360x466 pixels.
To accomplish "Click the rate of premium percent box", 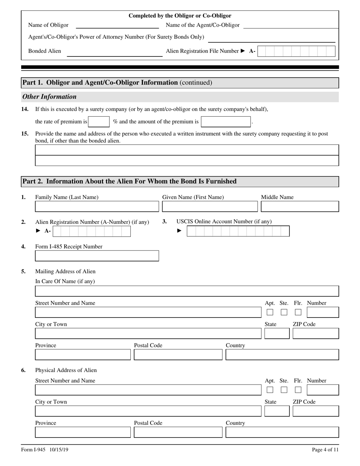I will click(99, 122).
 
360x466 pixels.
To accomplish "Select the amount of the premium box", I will click(226, 122).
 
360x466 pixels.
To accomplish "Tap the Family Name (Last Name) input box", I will click(97, 206).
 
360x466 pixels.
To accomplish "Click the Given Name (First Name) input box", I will click(210, 206).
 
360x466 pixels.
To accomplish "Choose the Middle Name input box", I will click(300, 206).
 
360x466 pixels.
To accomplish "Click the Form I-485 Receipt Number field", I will click(97, 256).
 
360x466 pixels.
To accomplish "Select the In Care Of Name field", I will click(187, 291).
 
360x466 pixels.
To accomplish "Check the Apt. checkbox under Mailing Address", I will click(270, 312).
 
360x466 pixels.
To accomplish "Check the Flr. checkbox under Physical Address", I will click(298, 390).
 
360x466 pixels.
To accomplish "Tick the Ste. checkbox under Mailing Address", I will click(284, 312).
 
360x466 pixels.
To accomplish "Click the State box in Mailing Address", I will click(277, 333).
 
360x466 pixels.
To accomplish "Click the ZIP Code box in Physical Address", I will click(316, 411).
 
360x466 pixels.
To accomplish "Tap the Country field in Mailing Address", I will click(282, 355).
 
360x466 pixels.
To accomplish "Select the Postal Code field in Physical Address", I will click(178, 432).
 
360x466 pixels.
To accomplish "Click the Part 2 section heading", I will click(129, 181).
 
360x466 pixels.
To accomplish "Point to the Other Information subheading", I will click(49, 97).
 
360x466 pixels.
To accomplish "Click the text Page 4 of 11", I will click(325, 450).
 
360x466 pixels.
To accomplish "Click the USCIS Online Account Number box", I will click(238, 231).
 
